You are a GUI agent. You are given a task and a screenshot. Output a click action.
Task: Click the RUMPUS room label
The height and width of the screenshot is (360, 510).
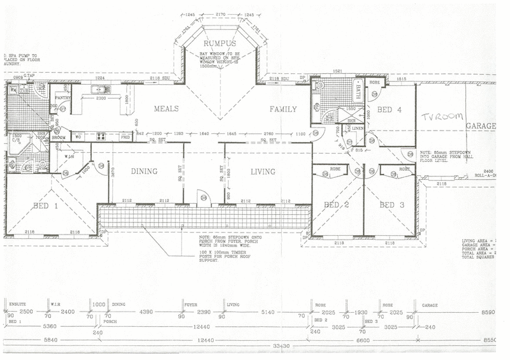[219, 43]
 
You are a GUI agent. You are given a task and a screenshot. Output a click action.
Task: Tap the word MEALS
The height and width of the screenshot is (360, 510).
[165, 109]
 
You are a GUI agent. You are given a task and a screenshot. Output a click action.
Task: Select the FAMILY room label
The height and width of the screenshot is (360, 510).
[283, 109]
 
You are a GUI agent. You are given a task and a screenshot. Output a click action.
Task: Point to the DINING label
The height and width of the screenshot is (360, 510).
[144, 171]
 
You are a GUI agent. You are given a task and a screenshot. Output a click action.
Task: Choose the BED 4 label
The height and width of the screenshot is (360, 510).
[390, 109]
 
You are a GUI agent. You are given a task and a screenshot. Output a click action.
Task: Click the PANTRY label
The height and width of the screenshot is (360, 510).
[62, 98]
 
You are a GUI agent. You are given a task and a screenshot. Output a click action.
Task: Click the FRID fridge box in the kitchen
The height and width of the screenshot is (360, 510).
[125, 136]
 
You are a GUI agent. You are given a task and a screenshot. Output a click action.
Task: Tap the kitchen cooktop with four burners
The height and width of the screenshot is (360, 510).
[101, 136]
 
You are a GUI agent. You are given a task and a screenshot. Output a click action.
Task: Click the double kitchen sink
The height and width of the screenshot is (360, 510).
[100, 89]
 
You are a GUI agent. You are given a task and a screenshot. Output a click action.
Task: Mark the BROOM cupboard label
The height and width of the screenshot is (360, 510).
[59, 137]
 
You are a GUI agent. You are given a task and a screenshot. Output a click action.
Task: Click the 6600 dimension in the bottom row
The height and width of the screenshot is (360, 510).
[361, 340]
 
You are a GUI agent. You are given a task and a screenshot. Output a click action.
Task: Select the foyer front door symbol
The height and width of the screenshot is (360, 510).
[203, 198]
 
